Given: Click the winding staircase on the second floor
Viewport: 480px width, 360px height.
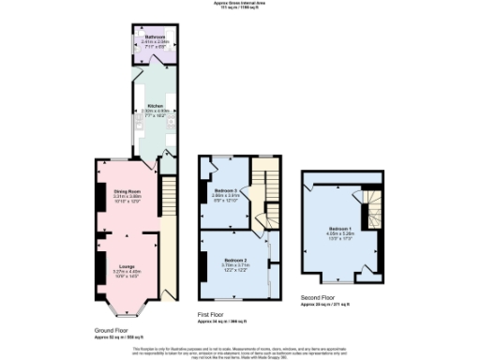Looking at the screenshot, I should pos(374,210).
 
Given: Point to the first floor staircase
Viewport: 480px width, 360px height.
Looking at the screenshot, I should pos(267,192).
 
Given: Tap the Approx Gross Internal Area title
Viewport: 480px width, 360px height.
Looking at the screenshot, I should pos(239,4).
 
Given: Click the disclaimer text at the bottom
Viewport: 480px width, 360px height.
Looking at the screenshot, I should pos(239,351).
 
